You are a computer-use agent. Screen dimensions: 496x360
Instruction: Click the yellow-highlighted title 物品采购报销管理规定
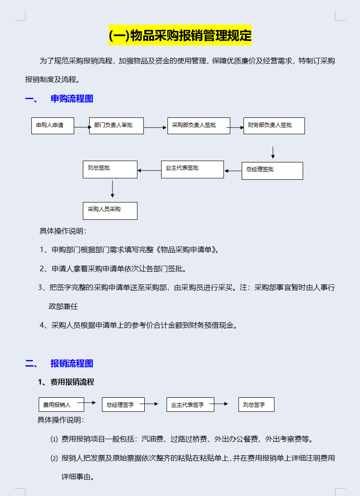click(180, 35)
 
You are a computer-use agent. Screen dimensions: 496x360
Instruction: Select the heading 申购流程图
click(72, 99)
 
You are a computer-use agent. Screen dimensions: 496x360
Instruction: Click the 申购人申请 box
click(52, 126)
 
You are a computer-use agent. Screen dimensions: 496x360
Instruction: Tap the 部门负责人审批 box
click(117, 126)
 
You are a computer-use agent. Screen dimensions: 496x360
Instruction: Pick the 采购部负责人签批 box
click(199, 126)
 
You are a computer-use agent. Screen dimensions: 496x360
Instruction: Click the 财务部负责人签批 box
click(274, 126)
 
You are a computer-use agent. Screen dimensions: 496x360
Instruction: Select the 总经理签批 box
click(272, 171)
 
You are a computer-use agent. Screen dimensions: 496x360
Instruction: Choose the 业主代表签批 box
click(192, 169)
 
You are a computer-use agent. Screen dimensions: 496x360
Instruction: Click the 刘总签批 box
click(110, 169)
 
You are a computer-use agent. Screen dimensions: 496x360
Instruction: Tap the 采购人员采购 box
click(110, 211)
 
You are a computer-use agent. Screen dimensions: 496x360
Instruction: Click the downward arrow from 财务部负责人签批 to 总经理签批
click(273, 152)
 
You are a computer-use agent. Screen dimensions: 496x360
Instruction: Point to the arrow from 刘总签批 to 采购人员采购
click(112, 188)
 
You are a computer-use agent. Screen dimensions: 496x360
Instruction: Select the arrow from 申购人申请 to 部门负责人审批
click(82, 127)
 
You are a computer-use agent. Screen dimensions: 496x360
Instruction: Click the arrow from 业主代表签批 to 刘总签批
click(149, 171)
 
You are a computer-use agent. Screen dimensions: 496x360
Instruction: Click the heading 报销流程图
click(72, 363)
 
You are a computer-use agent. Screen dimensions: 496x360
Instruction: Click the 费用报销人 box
click(61, 405)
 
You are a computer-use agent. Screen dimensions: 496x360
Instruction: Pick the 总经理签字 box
click(123, 405)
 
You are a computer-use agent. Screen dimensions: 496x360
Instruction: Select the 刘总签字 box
click(256, 405)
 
